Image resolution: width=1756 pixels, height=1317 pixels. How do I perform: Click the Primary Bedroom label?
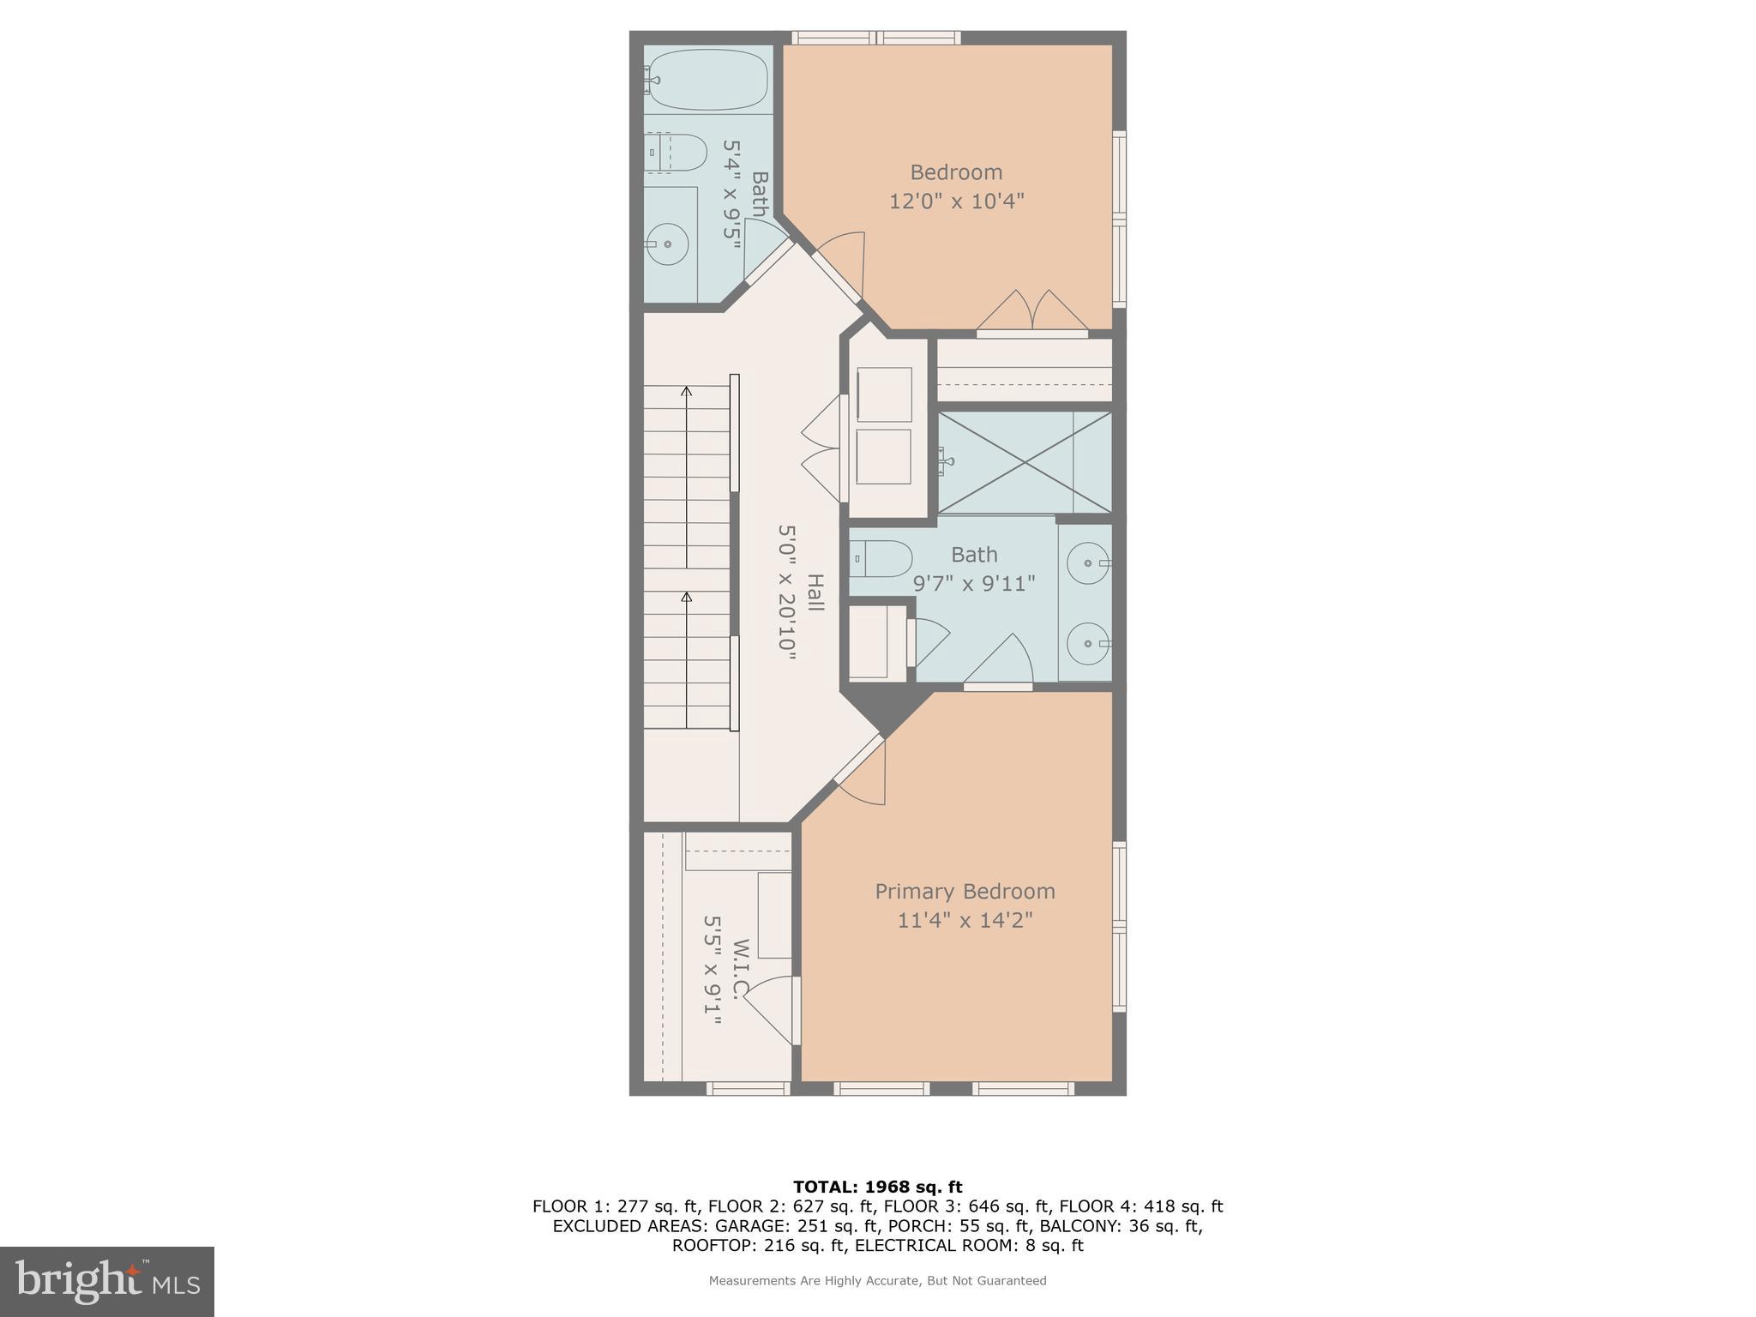(965, 892)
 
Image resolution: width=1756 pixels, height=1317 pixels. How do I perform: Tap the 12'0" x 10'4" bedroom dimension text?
(956, 201)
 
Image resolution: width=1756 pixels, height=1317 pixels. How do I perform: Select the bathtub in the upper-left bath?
(707, 80)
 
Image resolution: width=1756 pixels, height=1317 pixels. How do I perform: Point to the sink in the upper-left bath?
(668, 244)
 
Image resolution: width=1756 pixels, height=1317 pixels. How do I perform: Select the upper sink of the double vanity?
(1086, 563)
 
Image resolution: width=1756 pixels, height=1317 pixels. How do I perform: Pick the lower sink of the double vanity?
(1086, 643)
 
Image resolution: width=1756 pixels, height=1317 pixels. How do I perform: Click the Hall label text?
(815, 592)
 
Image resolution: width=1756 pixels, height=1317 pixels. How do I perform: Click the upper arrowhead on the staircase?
(686, 392)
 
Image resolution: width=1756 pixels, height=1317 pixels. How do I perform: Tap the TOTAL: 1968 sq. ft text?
(877, 1187)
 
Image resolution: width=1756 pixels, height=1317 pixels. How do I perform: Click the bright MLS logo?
(106, 1281)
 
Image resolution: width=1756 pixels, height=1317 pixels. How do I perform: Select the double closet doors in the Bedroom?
(1032, 313)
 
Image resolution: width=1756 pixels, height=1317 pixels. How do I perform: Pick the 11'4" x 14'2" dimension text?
(965, 921)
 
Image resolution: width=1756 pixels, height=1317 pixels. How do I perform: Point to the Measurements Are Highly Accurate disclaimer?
(877, 1281)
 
